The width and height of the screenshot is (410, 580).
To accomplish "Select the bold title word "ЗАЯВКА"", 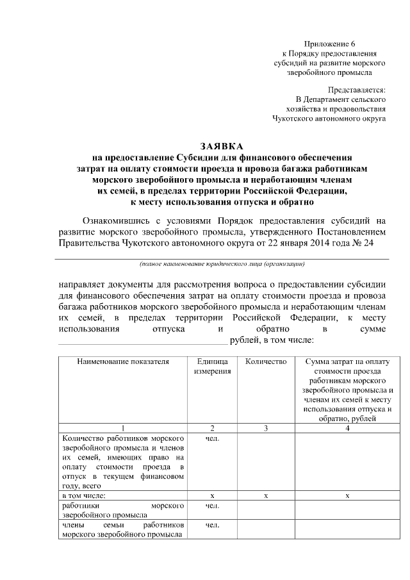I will click(222, 146).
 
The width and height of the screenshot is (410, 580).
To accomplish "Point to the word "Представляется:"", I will click(356, 90).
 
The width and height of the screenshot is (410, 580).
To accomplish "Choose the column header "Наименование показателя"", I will click(123, 362).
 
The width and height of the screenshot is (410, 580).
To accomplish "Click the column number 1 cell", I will click(123, 427).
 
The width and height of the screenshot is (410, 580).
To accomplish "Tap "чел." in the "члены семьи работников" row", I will click(212, 526).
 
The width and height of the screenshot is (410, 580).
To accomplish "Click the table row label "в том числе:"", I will click(84, 495).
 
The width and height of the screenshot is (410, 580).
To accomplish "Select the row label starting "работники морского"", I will click(123, 510).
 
